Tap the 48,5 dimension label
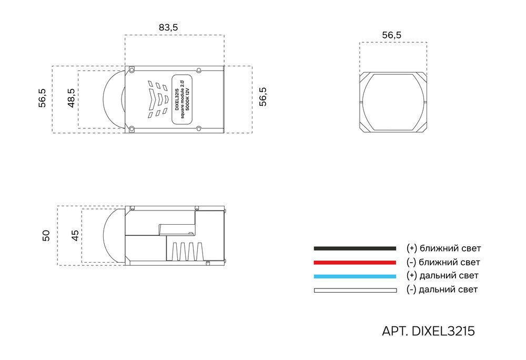[x=71, y=98]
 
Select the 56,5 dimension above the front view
[x=391, y=35]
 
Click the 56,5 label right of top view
[x=263, y=97]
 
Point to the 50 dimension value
[x=46, y=235]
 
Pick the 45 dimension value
[x=75, y=235]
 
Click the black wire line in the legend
[x=355, y=248]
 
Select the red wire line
[x=355, y=262]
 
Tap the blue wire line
[x=355, y=276]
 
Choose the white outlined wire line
[x=355, y=289]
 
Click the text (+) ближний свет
[x=443, y=248]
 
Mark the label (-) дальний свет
[x=442, y=289]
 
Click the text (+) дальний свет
[x=442, y=276]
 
